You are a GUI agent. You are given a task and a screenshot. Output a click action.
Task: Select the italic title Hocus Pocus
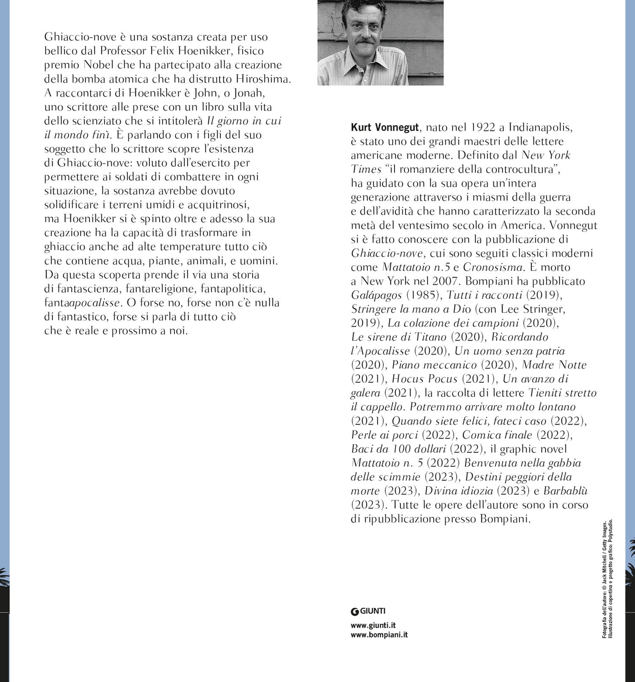(x=425, y=379)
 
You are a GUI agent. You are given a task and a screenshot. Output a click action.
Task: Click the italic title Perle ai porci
(x=385, y=435)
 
